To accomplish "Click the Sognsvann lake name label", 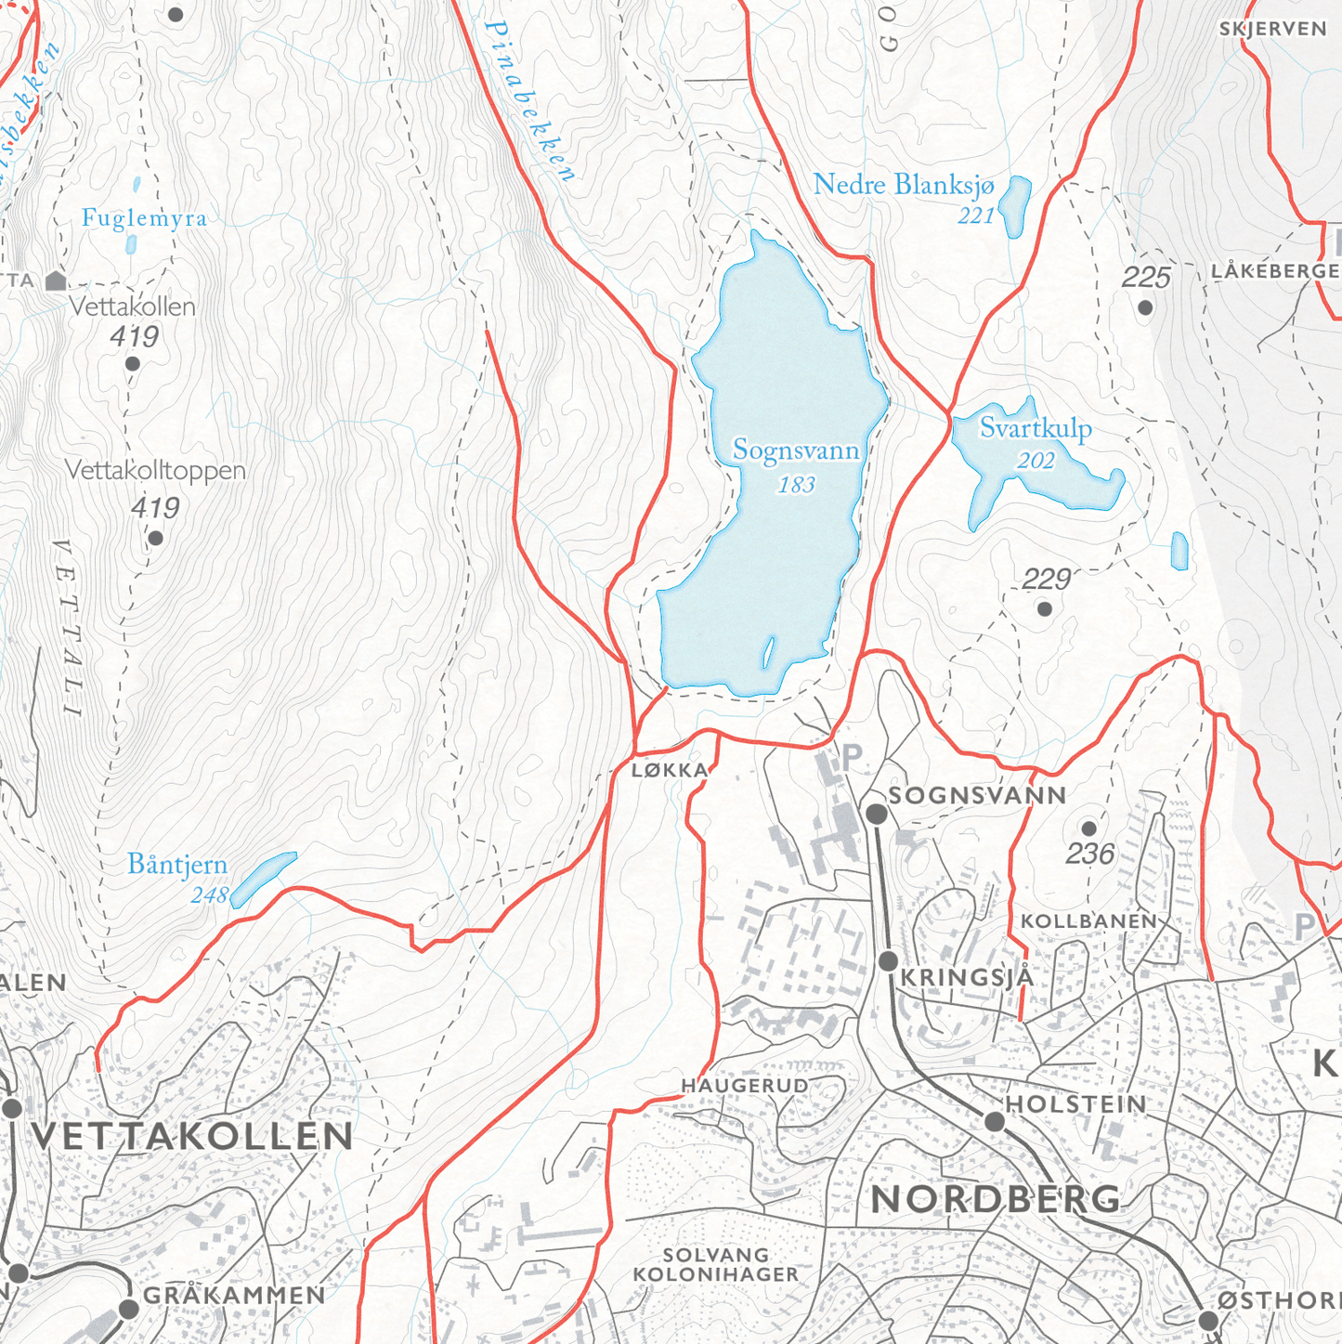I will tap(796, 450).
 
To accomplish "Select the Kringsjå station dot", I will tap(889, 960).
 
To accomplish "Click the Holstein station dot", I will tap(995, 1121).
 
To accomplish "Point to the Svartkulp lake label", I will tap(1036, 429).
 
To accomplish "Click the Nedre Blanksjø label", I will tap(903, 186).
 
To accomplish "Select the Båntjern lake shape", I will tap(263, 878).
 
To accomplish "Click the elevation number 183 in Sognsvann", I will tap(796, 485).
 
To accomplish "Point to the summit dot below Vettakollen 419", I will tap(133, 364).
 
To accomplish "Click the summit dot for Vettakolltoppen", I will tap(156, 539).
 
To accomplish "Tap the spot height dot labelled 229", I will tap(1045, 609).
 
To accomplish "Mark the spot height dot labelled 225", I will tap(1145, 307).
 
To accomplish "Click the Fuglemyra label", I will tap(144, 218).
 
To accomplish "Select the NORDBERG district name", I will tap(996, 1199).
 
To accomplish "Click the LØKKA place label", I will tap(670, 770).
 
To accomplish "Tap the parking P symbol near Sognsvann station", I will tap(851, 758).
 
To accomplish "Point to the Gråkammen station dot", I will tap(129, 1309).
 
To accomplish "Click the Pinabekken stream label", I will tap(529, 100).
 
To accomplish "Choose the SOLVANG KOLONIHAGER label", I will tap(715, 1266).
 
